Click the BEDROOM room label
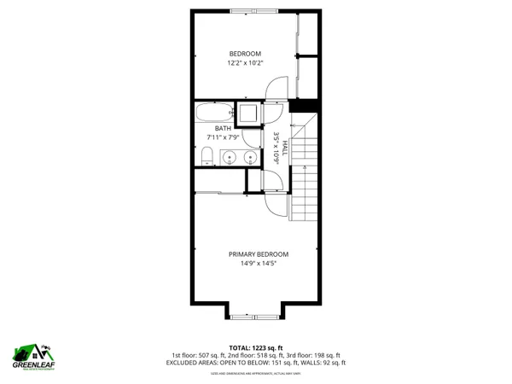245,54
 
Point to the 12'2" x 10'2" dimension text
245,63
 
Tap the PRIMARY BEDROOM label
258,253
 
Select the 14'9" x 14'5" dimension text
258,264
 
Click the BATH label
222,128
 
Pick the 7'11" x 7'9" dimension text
222,137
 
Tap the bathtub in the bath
212,113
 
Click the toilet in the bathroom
206,154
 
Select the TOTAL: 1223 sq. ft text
257,346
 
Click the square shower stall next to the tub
249,113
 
